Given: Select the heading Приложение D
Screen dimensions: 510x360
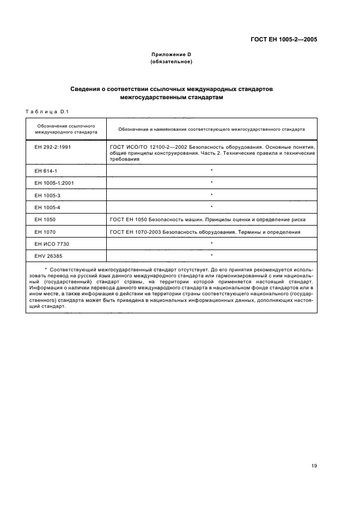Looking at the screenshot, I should point(172,55).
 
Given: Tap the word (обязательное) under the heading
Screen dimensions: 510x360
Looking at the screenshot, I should point(172,62).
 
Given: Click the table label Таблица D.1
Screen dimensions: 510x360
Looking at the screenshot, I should point(46,112).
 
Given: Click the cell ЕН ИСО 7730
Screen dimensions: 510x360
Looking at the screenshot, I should point(50,244).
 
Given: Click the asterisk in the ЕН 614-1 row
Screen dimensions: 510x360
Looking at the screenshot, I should point(211,171).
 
